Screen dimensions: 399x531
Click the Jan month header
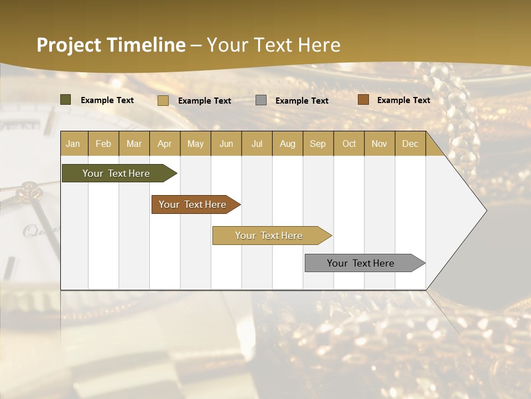73,144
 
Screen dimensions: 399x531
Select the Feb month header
103,144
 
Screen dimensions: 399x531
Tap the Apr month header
164,144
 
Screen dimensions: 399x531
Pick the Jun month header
226,144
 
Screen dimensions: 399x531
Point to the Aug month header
287,144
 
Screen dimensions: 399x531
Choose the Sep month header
317,144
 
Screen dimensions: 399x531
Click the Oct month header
349,144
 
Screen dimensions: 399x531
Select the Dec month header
410,144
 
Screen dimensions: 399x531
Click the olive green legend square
66,100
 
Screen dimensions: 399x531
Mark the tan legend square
163,100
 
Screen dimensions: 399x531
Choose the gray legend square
261,100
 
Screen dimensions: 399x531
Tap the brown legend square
363,100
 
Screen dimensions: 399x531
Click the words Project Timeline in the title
111,45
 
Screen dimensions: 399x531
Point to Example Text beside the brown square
403,100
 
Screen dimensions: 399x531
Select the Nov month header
379,144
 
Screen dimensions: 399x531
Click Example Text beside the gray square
301,101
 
